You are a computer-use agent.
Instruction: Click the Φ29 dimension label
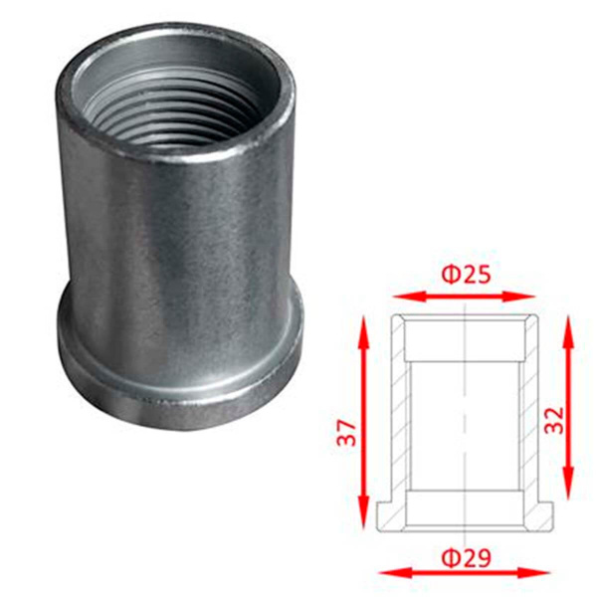pos(465,558)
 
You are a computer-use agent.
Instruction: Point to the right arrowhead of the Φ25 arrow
pos(528,296)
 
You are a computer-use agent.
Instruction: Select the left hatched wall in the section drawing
pos(401,418)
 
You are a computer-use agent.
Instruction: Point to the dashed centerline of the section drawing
pos(465,418)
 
